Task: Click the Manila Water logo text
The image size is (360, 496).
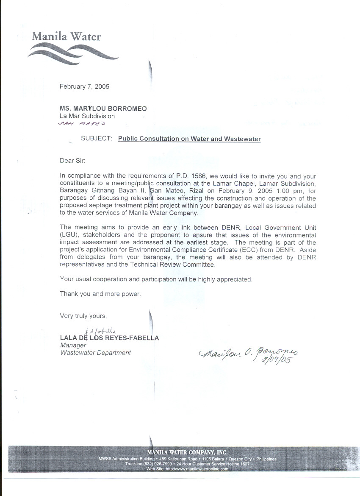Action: [66, 36]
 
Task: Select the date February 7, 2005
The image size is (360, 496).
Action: [84, 86]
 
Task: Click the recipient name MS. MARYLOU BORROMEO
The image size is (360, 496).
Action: [103, 109]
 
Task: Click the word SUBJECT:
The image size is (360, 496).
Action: [97, 139]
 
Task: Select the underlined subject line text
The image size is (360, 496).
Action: [189, 139]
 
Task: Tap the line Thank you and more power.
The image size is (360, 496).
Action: [100, 294]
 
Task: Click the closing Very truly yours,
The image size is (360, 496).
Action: [83, 316]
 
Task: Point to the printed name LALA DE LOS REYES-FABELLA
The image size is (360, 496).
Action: [109, 338]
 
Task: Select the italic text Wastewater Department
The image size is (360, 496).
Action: [95, 353]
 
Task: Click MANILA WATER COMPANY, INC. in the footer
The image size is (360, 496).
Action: [187, 452]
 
